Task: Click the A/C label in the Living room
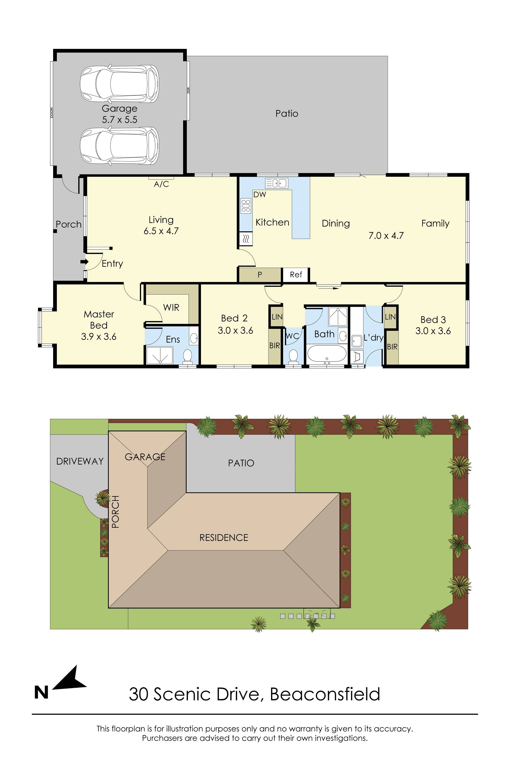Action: point(161,184)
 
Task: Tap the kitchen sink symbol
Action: point(276,183)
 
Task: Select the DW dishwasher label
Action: point(260,195)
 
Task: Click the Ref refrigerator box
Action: point(296,275)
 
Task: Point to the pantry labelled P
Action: point(260,275)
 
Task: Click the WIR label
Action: point(171,307)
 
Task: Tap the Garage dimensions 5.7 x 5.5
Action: point(120,120)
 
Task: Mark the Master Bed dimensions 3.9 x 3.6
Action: point(99,337)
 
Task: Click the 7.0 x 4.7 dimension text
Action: point(386,235)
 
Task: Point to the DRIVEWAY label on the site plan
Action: point(80,461)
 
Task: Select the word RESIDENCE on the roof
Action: point(224,538)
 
